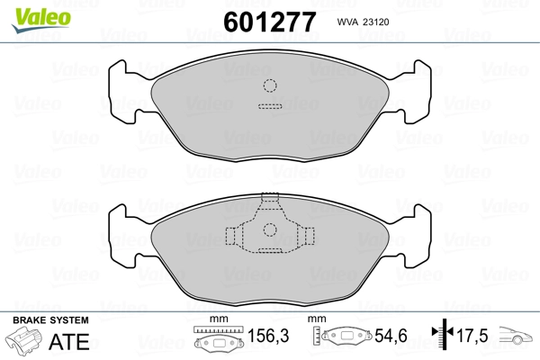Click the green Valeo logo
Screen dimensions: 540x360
[41, 20]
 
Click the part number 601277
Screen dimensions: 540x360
[270, 22]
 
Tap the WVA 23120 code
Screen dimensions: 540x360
[363, 22]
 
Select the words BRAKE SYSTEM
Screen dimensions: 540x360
[50, 320]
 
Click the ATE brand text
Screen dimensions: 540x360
[69, 341]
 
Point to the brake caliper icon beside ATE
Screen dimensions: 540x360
[23, 339]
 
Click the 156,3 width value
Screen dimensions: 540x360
[268, 336]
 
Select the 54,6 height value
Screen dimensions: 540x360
[391, 336]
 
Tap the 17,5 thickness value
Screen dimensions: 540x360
[472, 336]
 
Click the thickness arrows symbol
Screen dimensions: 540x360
[443, 334]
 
